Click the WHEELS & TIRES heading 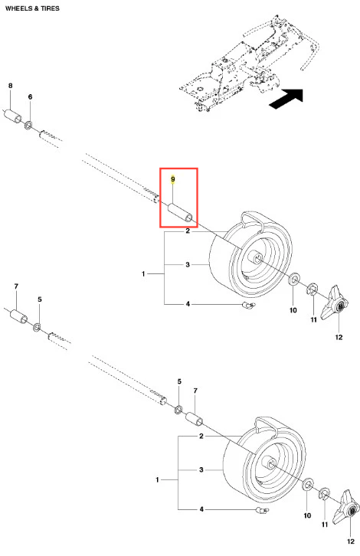pyautogui.click(x=32, y=8)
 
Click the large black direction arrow pyautogui.click(x=286, y=99)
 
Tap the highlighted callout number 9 pyautogui.click(x=173, y=179)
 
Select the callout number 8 pyautogui.click(x=10, y=86)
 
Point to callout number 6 pyautogui.click(x=30, y=96)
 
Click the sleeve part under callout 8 pyautogui.click(x=13, y=116)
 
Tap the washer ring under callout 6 pyautogui.click(x=29, y=125)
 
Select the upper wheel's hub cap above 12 pyautogui.click(x=335, y=303)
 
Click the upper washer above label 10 pyautogui.click(x=293, y=280)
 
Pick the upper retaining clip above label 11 pyautogui.click(x=313, y=289)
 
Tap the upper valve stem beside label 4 pyautogui.click(x=248, y=305)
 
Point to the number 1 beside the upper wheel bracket pyautogui.click(x=143, y=273)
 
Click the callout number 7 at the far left pyautogui.click(x=16, y=286)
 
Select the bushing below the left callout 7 pyautogui.click(x=19, y=316)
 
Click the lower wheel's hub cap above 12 pyautogui.click(x=349, y=508)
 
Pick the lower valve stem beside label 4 pyautogui.click(x=262, y=510)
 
